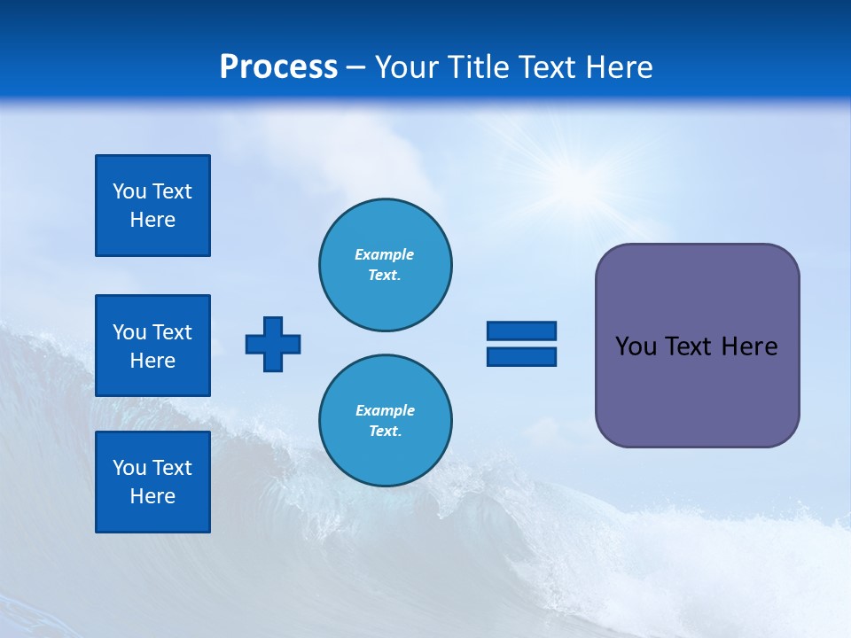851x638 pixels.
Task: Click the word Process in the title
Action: (x=278, y=67)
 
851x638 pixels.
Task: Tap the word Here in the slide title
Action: (x=620, y=67)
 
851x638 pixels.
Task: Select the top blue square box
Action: (x=152, y=206)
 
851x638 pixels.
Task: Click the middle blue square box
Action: (x=152, y=346)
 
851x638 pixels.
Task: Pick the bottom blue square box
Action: (x=152, y=482)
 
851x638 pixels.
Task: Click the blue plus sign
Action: (x=273, y=344)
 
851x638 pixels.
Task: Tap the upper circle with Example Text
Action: (x=385, y=265)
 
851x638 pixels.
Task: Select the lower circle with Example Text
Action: (x=385, y=421)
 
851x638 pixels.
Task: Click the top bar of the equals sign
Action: (x=521, y=331)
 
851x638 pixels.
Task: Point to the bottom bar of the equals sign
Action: (x=521, y=356)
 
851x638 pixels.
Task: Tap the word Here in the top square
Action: (x=152, y=220)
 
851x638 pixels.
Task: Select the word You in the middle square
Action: (x=129, y=332)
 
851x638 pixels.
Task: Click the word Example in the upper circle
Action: (x=385, y=254)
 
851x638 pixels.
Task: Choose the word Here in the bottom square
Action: (x=152, y=496)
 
